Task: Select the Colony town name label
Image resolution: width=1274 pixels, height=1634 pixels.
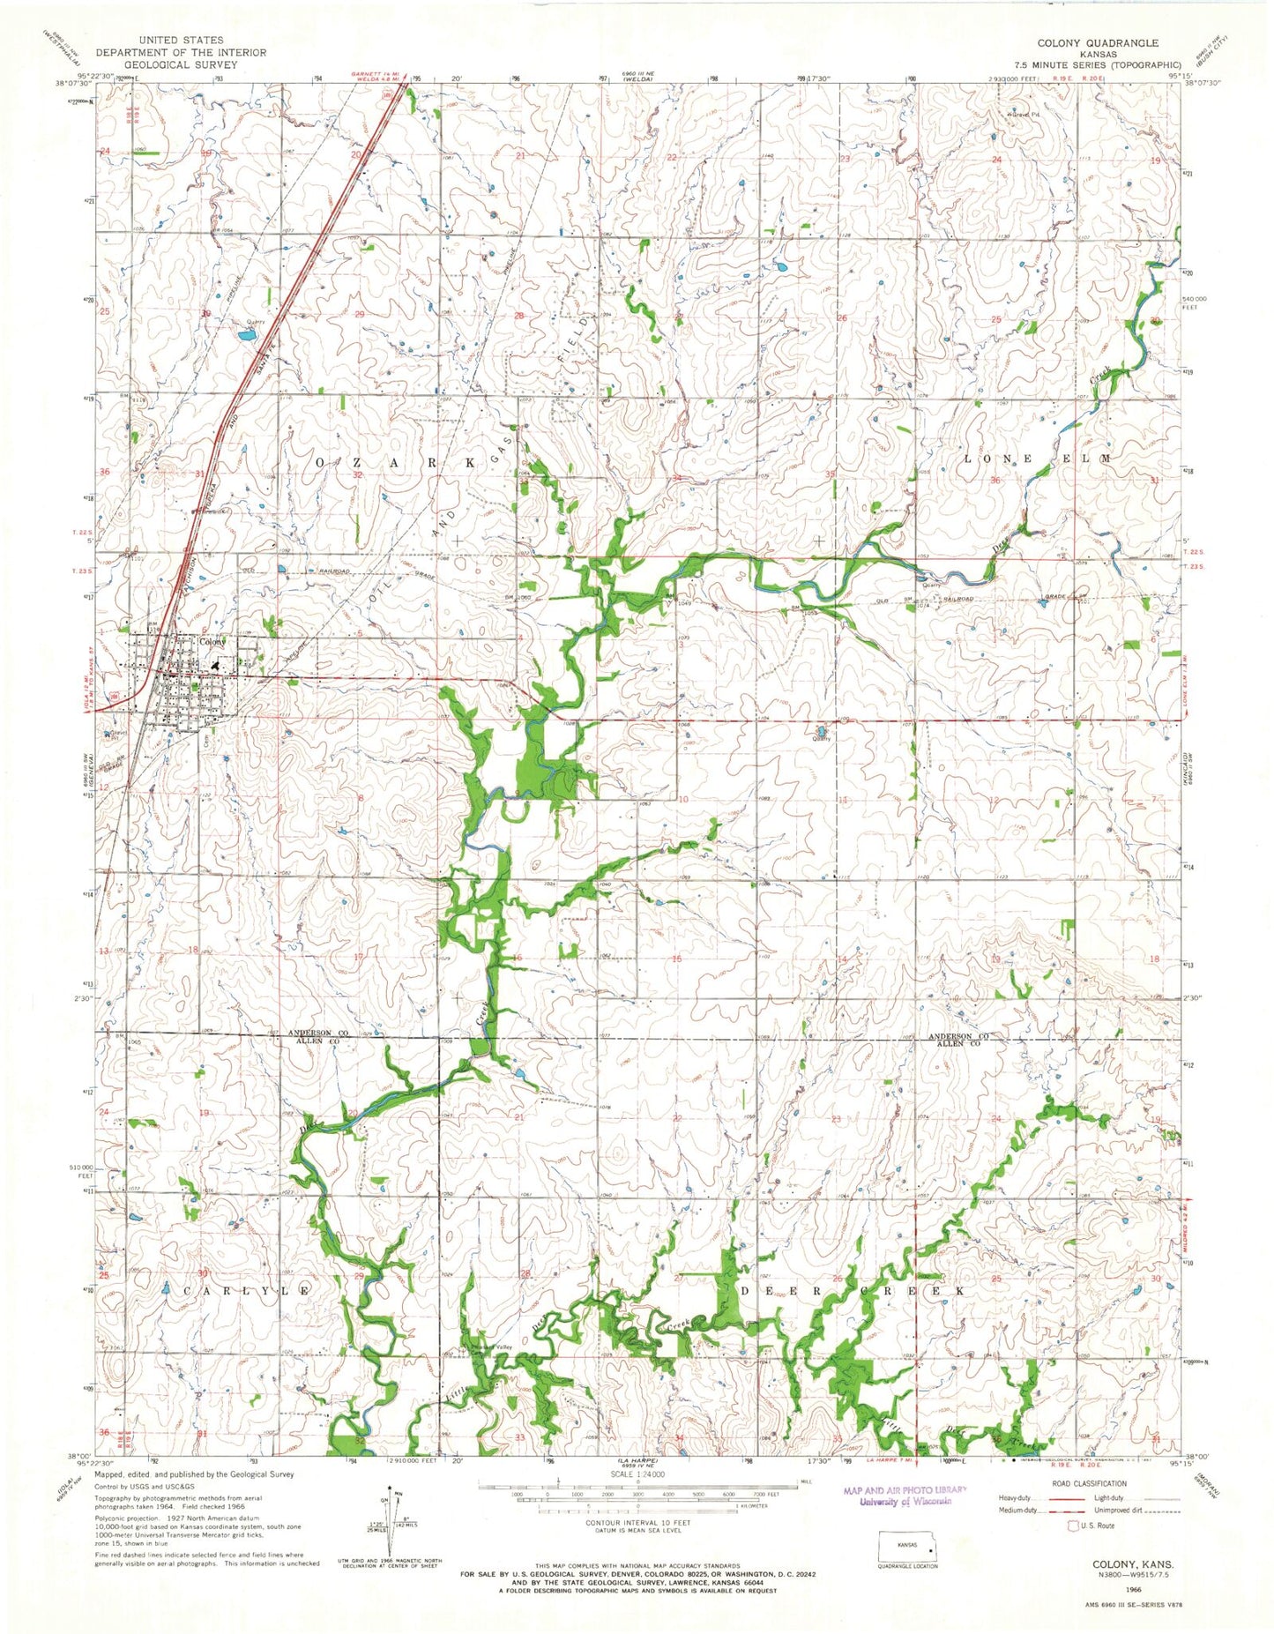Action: tap(212, 642)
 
